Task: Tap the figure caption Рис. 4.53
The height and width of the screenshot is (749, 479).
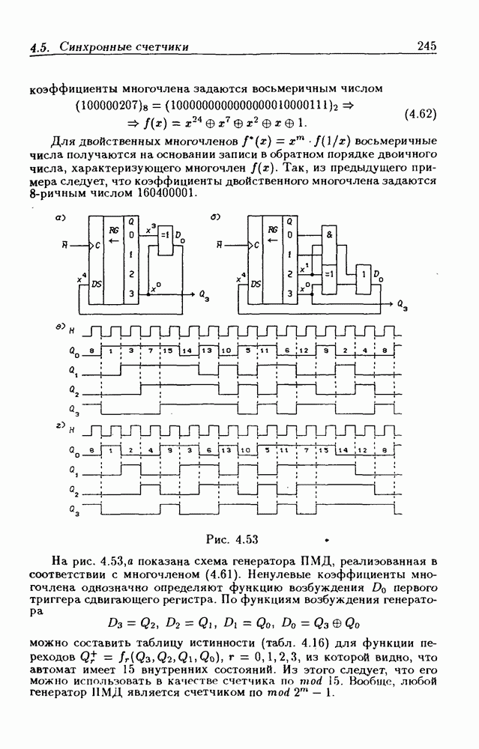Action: (238, 539)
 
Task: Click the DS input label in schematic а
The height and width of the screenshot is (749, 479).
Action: (96, 284)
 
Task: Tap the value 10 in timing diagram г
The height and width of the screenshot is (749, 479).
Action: (245, 452)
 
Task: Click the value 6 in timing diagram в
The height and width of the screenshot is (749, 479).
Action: (287, 351)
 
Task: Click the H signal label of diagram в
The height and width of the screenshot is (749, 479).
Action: (72, 330)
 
